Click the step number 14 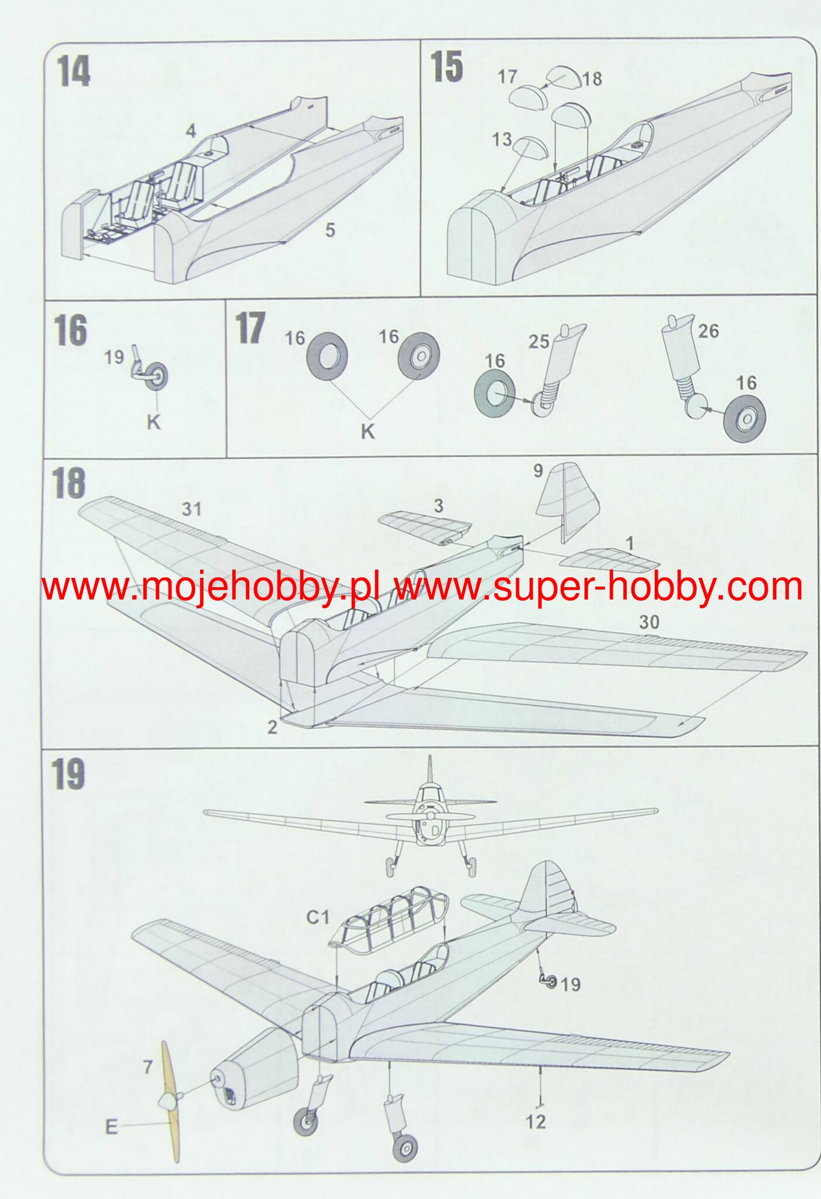click(74, 73)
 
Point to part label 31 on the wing click(191, 509)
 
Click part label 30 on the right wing click(649, 622)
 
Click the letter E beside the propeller click(111, 1126)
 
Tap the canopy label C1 click(318, 917)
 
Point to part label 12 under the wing click(535, 1122)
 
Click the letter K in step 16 click(153, 422)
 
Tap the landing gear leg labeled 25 click(557, 364)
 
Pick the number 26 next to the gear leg click(708, 331)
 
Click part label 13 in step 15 click(501, 139)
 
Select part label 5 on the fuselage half click(330, 230)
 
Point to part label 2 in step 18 click(272, 727)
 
